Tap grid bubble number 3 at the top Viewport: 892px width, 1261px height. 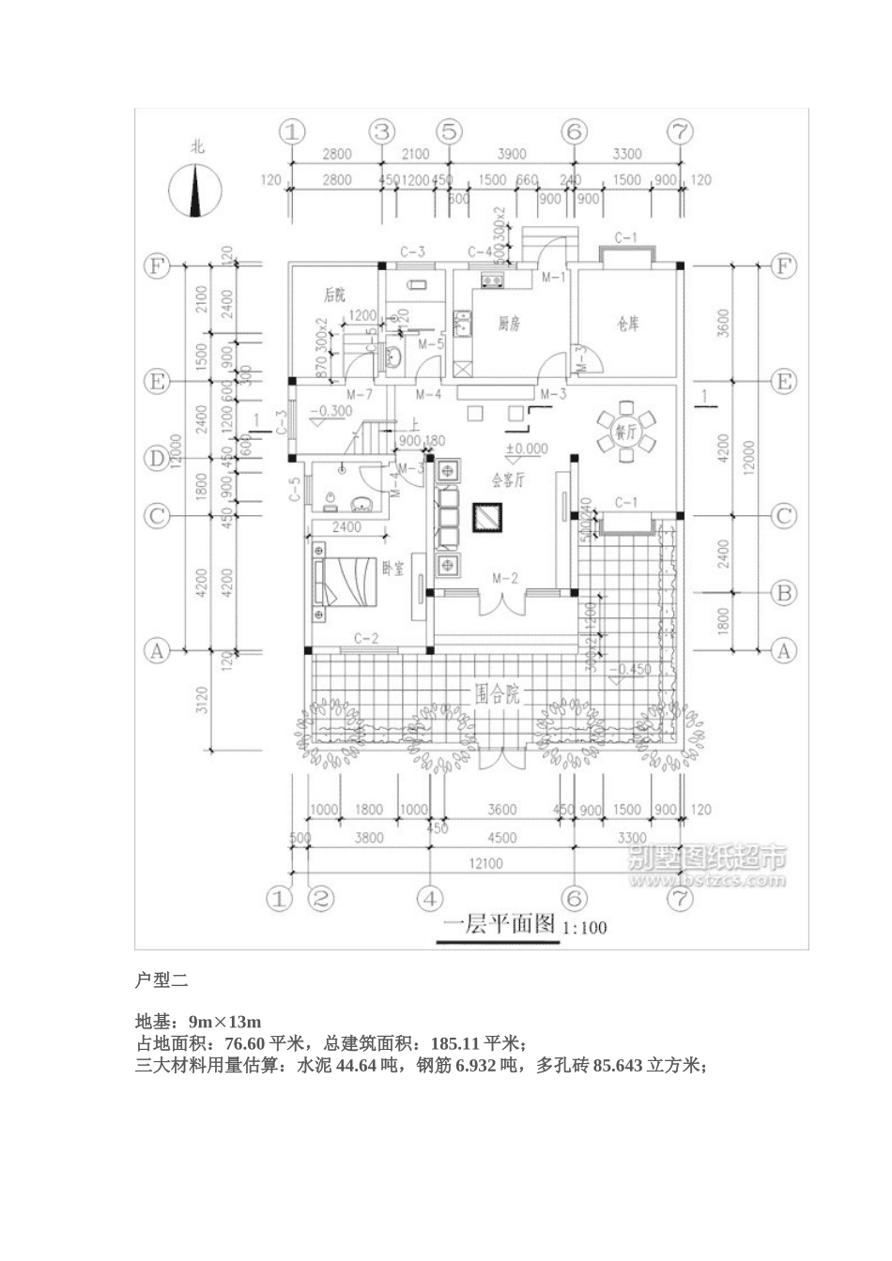[381, 132]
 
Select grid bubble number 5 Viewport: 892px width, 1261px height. [450, 132]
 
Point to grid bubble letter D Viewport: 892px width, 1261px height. [155, 459]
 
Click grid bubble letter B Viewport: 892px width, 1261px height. [783, 593]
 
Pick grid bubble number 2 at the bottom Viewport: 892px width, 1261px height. [321, 899]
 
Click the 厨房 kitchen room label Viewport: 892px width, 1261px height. [509, 325]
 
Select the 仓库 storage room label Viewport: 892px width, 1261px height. [627, 325]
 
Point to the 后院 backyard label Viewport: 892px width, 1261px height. [334, 295]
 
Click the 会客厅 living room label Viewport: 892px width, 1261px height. [507, 479]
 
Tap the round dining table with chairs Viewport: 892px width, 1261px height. [624, 432]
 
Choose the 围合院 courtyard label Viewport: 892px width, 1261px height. [497, 695]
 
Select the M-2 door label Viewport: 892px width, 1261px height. [504, 579]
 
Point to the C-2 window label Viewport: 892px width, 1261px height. [365, 639]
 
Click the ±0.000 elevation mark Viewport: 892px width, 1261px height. [526, 448]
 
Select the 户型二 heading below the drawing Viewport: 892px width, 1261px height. [162, 980]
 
